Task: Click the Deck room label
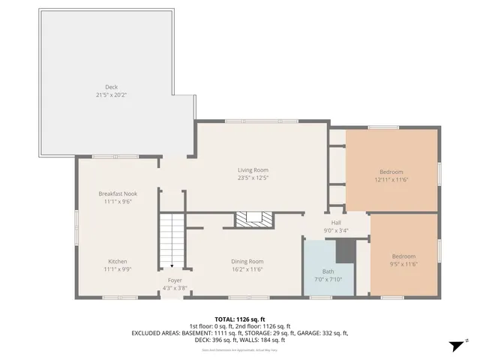tap(111, 87)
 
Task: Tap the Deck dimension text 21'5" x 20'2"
tap(111, 95)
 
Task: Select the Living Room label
tap(253, 170)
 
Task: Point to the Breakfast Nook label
tap(117, 193)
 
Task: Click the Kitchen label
tap(117, 261)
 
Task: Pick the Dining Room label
tap(247, 261)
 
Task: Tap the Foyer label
tap(174, 280)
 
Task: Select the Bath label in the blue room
tap(328, 271)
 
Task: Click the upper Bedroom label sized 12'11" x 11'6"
tap(390, 172)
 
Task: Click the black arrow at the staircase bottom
tap(172, 265)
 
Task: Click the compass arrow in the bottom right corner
tap(454, 345)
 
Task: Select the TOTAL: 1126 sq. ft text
tap(240, 319)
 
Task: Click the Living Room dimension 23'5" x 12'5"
tap(253, 178)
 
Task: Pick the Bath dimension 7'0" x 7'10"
tap(328, 279)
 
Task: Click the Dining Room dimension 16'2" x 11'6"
tap(247, 269)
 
